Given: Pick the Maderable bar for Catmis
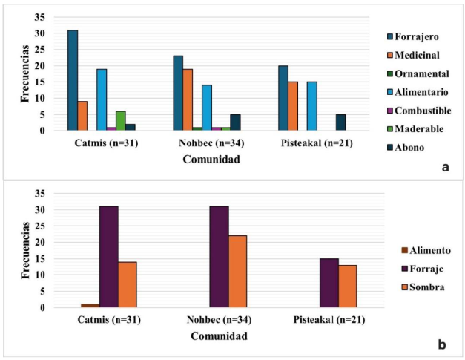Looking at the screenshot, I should point(121,121).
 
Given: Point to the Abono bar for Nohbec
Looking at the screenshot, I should point(236,122).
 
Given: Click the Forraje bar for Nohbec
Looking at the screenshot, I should point(219,257).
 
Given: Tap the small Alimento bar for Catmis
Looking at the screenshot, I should point(90,306).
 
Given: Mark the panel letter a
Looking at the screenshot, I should point(445,167).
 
